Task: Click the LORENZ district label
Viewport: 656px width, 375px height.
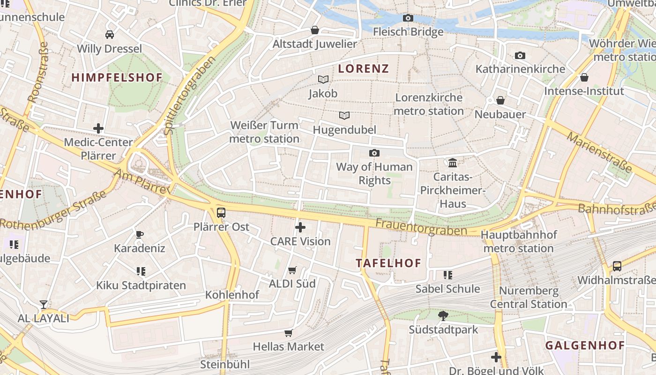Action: (x=364, y=69)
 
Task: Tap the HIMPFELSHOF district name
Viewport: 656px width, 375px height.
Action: (x=117, y=78)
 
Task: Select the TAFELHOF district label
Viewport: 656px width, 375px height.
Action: (x=388, y=263)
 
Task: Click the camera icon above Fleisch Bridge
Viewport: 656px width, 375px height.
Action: (x=408, y=18)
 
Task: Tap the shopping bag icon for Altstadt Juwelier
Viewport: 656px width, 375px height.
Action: (x=315, y=30)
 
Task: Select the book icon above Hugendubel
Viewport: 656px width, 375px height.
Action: (x=344, y=115)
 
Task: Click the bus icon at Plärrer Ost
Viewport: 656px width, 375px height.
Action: (x=221, y=213)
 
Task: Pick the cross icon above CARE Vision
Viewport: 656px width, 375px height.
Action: (x=300, y=228)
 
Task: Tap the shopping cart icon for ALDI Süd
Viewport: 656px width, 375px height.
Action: (x=292, y=270)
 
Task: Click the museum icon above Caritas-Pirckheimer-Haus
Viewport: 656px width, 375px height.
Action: (x=453, y=163)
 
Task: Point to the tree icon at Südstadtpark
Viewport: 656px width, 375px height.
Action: (x=443, y=316)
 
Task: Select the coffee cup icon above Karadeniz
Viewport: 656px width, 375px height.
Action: (x=139, y=234)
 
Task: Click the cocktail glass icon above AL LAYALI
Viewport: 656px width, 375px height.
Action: (x=44, y=305)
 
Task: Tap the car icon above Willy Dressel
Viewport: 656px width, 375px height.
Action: (x=110, y=35)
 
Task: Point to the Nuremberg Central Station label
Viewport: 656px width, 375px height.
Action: (x=529, y=297)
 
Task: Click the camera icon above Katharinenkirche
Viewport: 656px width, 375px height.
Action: (x=520, y=56)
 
